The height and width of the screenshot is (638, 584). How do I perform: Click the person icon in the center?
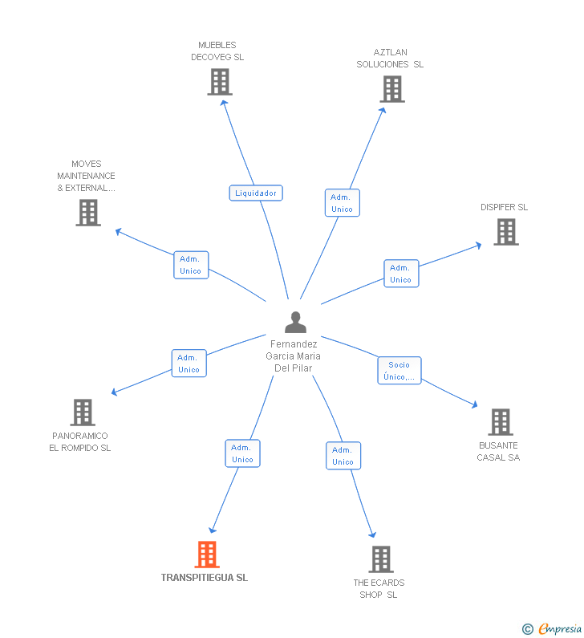pyautogui.click(x=295, y=323)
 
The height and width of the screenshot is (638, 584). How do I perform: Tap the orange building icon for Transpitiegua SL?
pyautogui.click(x=207, y=554)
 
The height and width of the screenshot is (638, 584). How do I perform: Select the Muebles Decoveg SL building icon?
pyautogui.click(x=219, y=82)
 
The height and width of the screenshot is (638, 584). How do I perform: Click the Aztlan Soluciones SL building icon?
pyautogui.click(x=391, y=89)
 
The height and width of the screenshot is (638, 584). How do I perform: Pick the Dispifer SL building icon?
pyautogui.click(x=505, y=232)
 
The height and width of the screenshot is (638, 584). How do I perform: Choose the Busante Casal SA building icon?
pyautogui.click(x=500, y=422)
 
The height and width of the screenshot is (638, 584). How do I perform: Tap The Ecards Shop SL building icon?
pyautogui.click(x=380, y=559)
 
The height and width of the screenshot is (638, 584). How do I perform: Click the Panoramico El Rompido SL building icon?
pyautogui.click(x=83, y=412)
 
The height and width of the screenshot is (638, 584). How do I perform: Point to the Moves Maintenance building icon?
pyautogui.click(x=88, y=213)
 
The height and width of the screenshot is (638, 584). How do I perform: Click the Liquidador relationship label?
pyautogui.click(x=256, y=193)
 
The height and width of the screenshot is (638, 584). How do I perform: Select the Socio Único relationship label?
pyautogui.click(x=399, y=371)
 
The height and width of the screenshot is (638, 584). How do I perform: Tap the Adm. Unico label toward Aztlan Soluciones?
pyautogui.click(x=342, y=203)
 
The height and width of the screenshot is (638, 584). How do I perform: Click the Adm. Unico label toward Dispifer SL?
pyautogui.click(x=400, y=274)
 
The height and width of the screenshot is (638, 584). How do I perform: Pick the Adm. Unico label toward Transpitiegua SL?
pyautogui.click(x=242, y=453)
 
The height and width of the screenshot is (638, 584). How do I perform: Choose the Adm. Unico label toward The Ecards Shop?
pyautogui.click(x=343, y=456)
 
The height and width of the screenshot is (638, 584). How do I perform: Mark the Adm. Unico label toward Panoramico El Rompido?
pyautogui.click(x=189, y=364)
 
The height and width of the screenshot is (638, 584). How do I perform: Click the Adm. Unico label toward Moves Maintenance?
pyautogui.click(x=191, y=265)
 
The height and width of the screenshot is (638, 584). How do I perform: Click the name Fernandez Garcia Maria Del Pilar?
pyautogui.click(x=294, y=356)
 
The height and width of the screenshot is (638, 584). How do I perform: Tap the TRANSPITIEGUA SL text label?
pyautogui.click(x=205, y=578)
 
